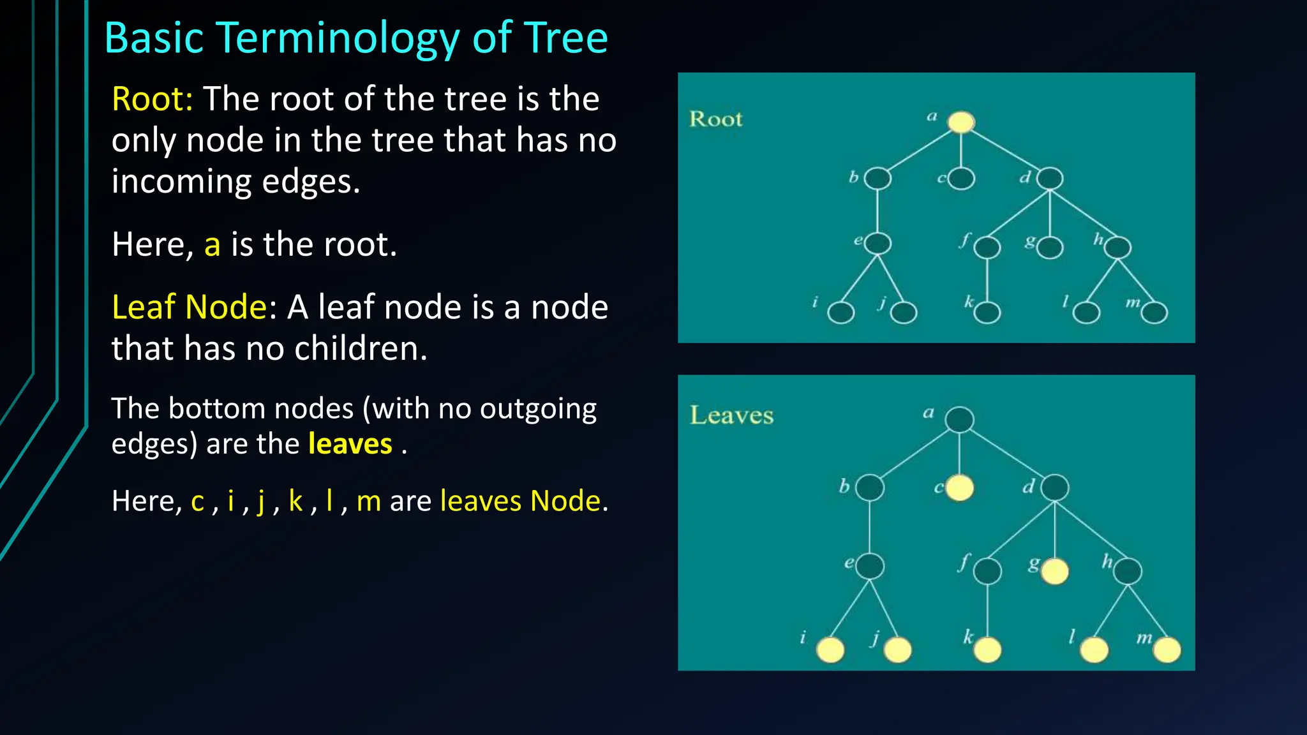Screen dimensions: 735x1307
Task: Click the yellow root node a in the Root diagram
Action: click(961, 122)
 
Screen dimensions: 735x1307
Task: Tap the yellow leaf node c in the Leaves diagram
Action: click(959, 488)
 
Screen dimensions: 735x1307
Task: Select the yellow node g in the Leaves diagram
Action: click(1054, 571)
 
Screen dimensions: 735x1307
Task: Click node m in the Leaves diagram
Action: click(1167, 650)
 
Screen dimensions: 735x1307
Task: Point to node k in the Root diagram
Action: click(987, 313)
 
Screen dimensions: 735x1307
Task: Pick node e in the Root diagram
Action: click(878, 243)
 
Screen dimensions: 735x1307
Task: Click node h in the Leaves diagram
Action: click(1128, 571)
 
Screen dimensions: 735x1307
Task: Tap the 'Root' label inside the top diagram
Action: click(715, 119)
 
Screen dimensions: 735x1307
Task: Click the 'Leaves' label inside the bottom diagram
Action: click(731, 415)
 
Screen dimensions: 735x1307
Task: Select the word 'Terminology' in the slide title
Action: click(338, 38)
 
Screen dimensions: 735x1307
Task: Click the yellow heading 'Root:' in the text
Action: click(152, 100)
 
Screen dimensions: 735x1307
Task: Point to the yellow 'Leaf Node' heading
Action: click(189, 308)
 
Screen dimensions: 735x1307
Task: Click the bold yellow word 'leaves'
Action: click(350, 444)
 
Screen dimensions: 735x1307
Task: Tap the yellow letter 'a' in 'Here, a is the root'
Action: click(213, 245)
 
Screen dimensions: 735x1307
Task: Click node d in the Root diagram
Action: click(1050, 179)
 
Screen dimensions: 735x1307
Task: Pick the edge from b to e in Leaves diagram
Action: click(869, 527)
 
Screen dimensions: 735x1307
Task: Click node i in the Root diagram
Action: click(841, 313)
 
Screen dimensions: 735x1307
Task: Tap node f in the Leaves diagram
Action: click(987, 571)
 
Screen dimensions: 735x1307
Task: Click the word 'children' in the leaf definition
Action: click(350, 349)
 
